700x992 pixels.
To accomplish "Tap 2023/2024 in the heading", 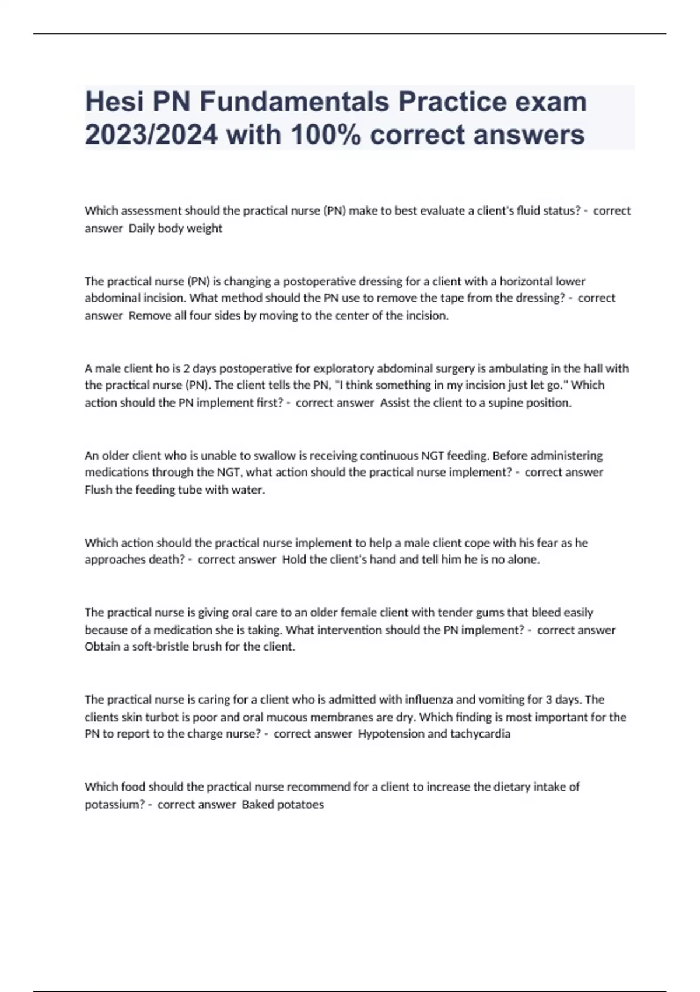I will (x=151, y=135).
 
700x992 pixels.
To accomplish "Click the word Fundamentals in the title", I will (x=295, y=102).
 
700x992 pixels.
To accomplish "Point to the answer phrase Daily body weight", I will (x=175, y=228).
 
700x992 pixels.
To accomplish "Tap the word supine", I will (x=495, y=403).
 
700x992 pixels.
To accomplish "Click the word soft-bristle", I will (x=156, y=647).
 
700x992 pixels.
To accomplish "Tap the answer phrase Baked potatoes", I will (x=282, y=805).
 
